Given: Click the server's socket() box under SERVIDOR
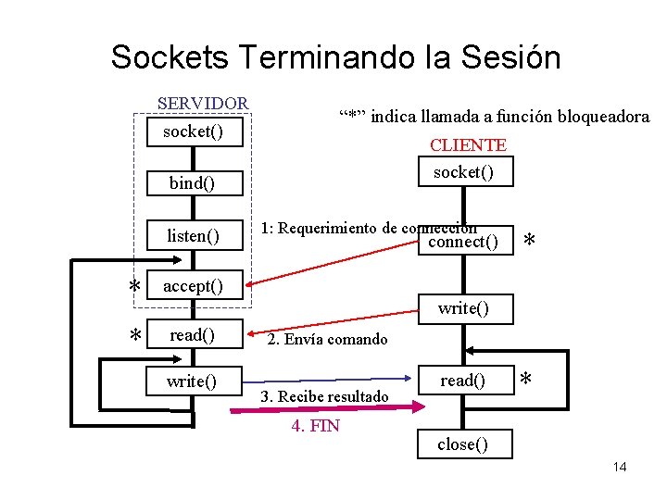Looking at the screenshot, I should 193,131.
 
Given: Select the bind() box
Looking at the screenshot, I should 193,183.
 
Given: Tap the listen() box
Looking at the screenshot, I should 193,236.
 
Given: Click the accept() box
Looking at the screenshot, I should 193,286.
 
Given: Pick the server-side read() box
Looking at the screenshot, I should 193,334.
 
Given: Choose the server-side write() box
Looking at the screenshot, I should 193,381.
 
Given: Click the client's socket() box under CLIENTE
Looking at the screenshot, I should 463,172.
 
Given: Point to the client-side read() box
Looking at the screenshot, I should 463,381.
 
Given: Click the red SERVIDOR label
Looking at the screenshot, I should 202,103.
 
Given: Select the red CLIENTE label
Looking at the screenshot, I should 468,145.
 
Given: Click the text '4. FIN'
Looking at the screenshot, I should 315,426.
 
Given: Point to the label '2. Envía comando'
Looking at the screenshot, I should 327,340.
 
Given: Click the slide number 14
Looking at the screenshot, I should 619,467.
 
